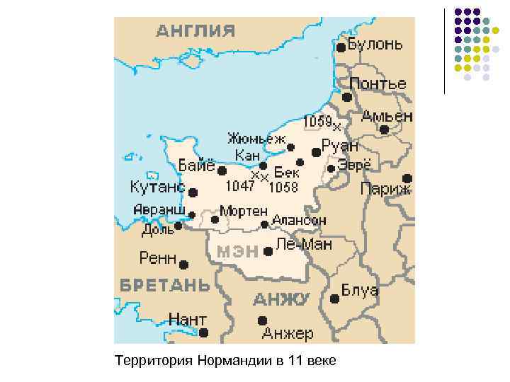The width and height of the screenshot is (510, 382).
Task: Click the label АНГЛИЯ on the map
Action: coord(195,30)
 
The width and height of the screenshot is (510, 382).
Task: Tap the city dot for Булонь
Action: coord(341,47)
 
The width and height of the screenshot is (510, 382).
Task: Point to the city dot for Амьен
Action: coord(384,129)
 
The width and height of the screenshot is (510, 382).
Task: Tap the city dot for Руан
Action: coord(316,152)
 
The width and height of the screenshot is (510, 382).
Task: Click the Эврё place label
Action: coord(354,164)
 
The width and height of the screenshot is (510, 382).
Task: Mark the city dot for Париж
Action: coord(407,178)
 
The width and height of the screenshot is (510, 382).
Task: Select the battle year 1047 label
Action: coord(239,187)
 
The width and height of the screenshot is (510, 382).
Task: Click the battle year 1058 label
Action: coord(283,187)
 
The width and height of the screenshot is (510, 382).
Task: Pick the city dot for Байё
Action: coord(222,170)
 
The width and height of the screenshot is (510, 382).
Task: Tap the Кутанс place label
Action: coord(157,188)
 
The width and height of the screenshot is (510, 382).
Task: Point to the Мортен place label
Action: coord(244,211)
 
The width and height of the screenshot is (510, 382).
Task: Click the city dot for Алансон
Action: coord(264,224)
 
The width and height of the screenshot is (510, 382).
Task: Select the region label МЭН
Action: coord(236,251)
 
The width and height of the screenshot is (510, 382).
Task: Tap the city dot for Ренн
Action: coord(184,265)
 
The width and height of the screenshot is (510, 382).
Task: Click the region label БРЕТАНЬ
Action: coord(164,285)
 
